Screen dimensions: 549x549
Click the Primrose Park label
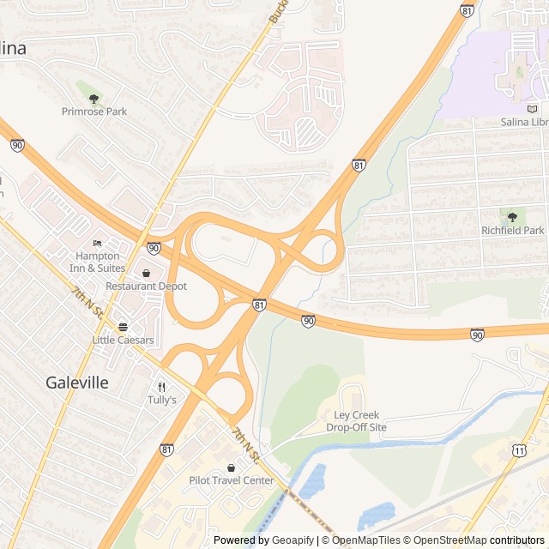point(94,112)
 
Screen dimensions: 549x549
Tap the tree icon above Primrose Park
point(94,99)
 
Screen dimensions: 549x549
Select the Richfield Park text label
point(512,231)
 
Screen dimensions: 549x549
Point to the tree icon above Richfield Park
point(512,217)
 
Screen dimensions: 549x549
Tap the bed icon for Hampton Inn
point(97,244)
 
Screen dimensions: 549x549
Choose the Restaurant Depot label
point(146,286)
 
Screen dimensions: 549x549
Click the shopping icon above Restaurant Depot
point(146,273)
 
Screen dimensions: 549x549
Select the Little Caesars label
point(123,340)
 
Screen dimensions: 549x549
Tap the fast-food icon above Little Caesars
point(123,327)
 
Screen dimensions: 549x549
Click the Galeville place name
point(77,383)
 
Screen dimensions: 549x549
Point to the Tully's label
point(161,400)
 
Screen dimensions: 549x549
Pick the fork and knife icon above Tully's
point(161,387)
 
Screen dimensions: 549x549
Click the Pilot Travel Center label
point(231,480)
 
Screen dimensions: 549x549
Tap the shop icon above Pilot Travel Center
point(231,468)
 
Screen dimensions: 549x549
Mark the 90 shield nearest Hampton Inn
point(154,248)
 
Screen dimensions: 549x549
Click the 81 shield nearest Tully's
point(166,449)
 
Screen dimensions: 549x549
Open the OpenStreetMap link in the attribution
point(446,540)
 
